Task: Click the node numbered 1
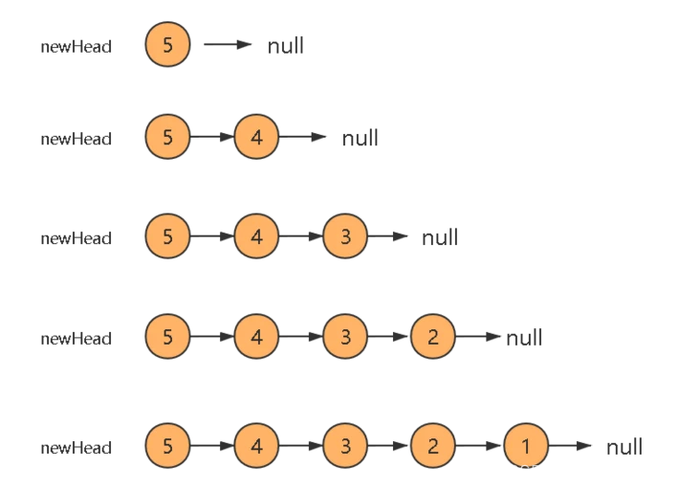[525, 446]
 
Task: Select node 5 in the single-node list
[168, 45]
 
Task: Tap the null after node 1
[623, 446]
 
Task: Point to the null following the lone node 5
[285, 45]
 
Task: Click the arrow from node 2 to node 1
[479, 446]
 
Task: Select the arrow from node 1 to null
[571, 446]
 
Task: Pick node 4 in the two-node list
[256, 137]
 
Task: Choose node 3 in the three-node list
[345, 237]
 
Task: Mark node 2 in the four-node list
[433, 337]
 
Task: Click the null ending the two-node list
[360, 138]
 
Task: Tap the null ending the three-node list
[440, 237]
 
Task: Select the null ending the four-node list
[524, 337]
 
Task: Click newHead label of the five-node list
[77, 447]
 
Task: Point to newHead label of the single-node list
[77, 46]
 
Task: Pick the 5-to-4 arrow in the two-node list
[212, 137]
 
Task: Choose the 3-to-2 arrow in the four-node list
[390, 337]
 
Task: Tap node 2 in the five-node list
[433, 446]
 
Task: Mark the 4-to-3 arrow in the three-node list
[301, 237]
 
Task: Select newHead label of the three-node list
[77, 238]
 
